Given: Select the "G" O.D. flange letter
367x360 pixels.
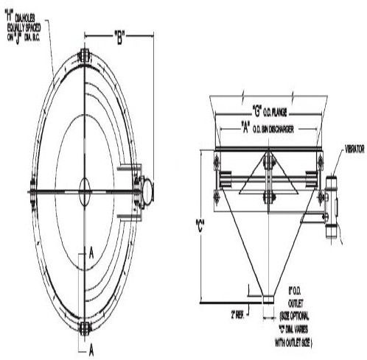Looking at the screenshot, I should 257,113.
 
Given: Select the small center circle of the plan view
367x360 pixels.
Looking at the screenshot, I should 83,186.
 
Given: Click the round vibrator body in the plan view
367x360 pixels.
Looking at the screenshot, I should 145,186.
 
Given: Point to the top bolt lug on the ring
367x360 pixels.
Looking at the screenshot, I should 83,57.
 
